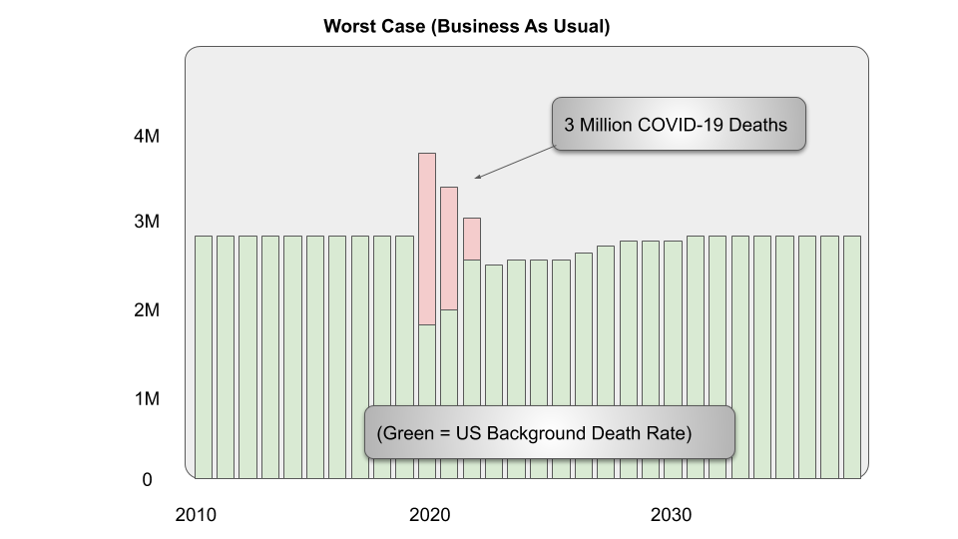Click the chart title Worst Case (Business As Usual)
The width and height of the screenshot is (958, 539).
click(466, 27)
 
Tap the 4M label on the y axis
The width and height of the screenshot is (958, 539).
click(147, 136)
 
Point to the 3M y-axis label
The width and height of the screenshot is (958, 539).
click(147, 222)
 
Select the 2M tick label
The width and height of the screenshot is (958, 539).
click(147, 310)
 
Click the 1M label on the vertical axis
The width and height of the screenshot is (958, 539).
click(147, 399)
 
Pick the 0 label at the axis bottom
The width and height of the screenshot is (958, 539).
click(147, 480)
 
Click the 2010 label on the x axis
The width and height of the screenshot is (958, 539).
click(196, 516)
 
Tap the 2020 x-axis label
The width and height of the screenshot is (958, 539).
click(430, 516)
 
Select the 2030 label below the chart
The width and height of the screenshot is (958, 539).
click(672, 516)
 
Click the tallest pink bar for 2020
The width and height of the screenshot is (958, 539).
click(427, 239)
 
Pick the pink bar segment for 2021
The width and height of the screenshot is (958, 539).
click(449, 248)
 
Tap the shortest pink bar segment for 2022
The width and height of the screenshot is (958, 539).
click(472, 239)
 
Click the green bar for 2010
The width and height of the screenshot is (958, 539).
click(204, 356)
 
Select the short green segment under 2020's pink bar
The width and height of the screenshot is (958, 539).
click(427, 400)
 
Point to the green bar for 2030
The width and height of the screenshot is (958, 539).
click(673, 359)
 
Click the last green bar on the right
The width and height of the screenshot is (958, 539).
click(851, 356)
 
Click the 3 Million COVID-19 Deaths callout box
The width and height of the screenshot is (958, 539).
click(679, 125)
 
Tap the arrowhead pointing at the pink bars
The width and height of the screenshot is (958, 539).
click(478, 178)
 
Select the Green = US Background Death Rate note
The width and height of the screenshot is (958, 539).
click(550, 432)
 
